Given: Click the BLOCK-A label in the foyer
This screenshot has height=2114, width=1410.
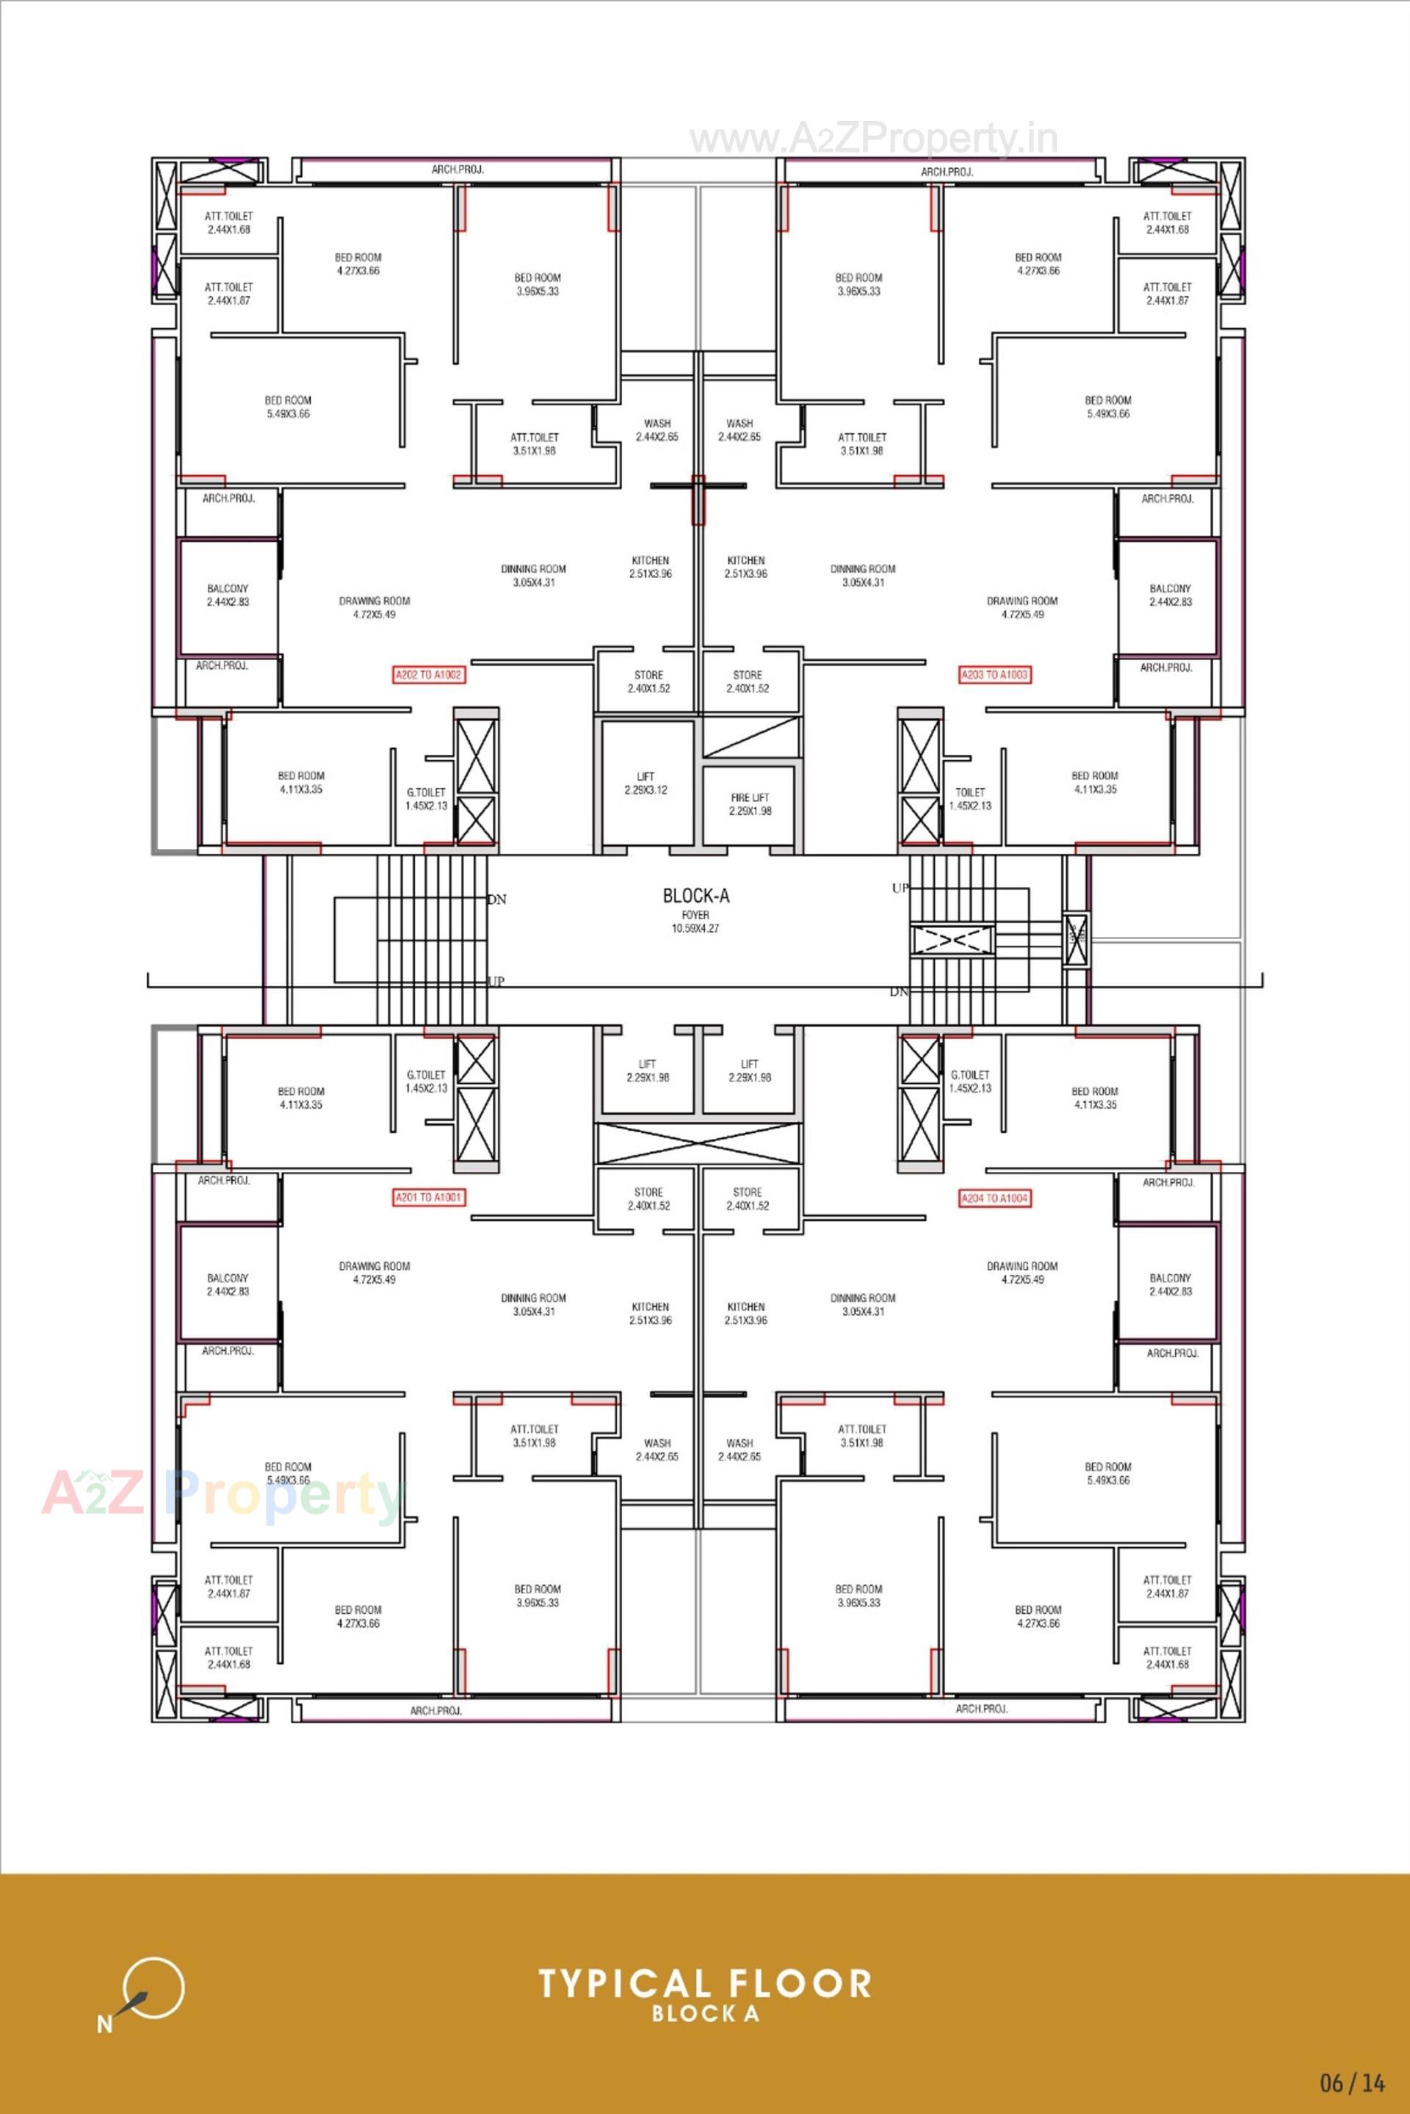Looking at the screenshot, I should pyautogui.click(x=695, y=896).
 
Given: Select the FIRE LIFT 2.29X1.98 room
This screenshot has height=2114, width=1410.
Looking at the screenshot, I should pyautogui.click(x=749, y=804).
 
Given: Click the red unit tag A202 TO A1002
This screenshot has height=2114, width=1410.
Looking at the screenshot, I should pyautogui.click(x=429, y=674).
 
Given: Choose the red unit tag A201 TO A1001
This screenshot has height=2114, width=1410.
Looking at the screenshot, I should pyautogui.click(x=429, y=1198).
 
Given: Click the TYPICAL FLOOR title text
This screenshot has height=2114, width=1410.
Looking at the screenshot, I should pyautogui.click(x=705, y=1985).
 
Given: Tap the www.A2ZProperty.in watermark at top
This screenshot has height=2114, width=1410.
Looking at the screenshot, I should pyautogui.click(x=873, y=140).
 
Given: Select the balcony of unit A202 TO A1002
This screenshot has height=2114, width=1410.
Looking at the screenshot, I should pyautogui.click(x=228, y=596).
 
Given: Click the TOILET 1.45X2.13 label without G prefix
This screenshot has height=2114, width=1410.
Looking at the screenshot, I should pyautogui.click(x=969, y=798).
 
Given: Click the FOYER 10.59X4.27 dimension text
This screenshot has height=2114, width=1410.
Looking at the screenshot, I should pyautogui.click(x=695, y=922).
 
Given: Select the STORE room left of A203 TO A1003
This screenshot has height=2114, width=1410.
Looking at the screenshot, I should pyautogui.click(x=748, y=681).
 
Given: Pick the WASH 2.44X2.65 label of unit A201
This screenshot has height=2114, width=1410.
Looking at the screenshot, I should pyautogui.click(x=657, y=1449).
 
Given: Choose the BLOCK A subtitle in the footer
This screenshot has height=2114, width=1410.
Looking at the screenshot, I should pyautogui.click(x=705, y=2014).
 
